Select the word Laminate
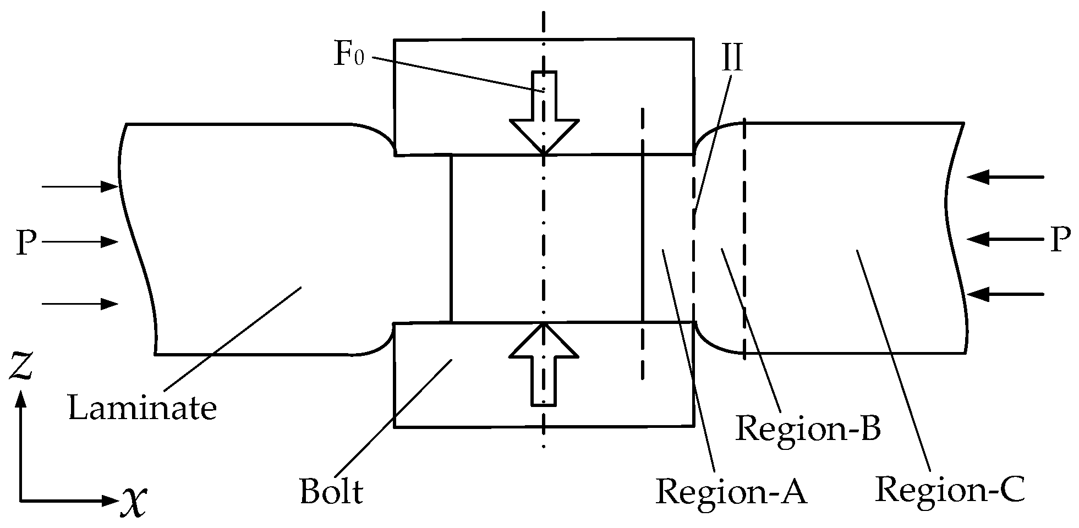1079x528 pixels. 142,409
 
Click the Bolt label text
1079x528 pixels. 331,491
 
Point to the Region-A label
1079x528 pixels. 731,491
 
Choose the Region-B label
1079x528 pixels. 808,429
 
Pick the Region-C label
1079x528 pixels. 950,489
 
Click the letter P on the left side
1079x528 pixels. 26,243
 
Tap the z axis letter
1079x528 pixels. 21,367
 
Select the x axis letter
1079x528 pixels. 134,500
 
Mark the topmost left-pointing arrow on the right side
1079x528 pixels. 1005,177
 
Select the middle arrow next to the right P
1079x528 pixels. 1005,239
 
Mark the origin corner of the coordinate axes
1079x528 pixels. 21,501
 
